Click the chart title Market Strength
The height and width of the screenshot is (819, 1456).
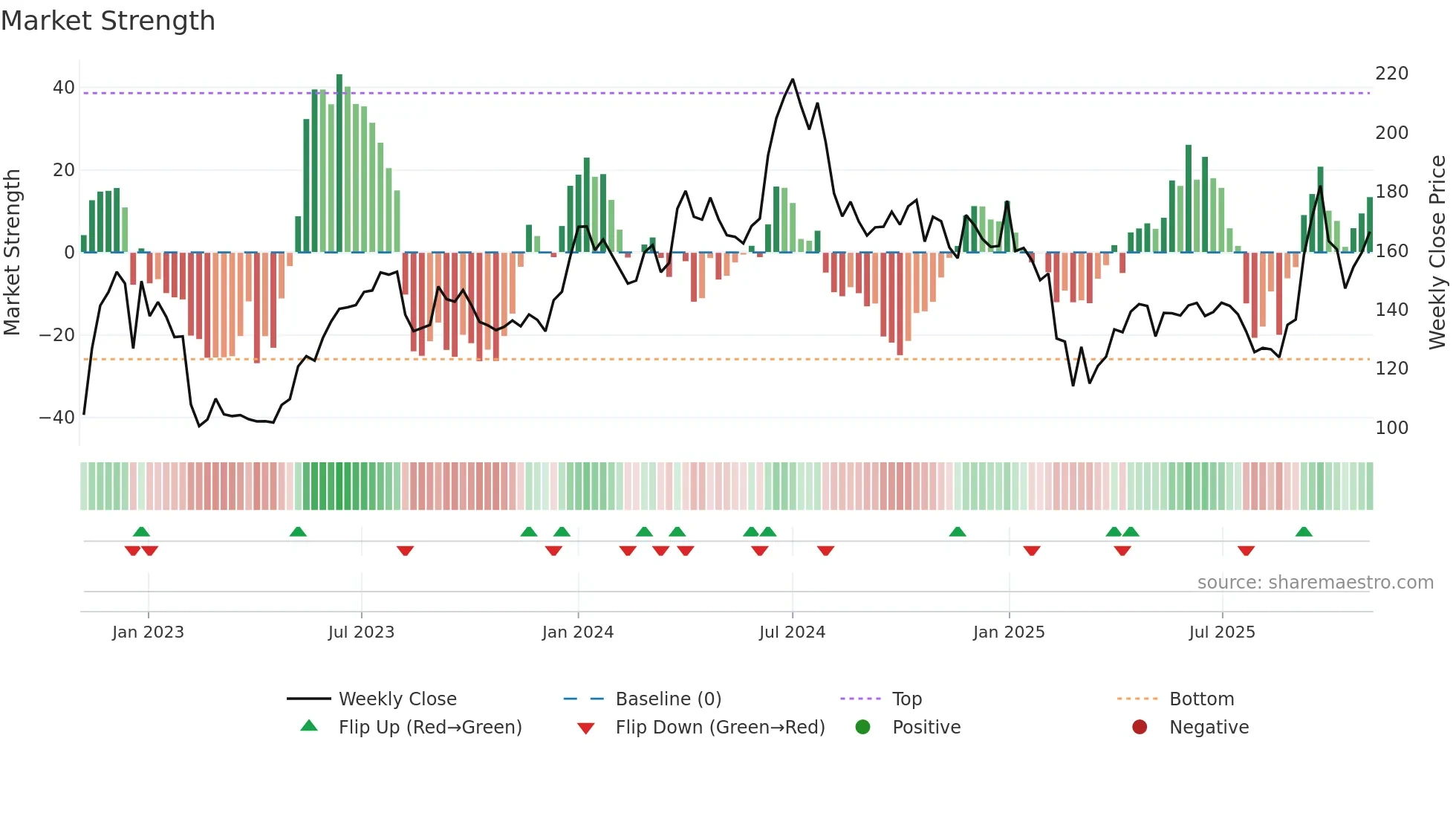pyautogui.click(x=108, y=21)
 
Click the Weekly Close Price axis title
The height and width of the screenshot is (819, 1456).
pyautogui.click(x=1437, y=252)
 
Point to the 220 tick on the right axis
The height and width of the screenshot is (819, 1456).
pyautogui.click(x=1391, y=74)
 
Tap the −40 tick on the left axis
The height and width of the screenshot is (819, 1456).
pyautogui.click(x=57, y=418)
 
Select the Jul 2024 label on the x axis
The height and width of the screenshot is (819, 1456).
pyautogui.click(x=792, y=632)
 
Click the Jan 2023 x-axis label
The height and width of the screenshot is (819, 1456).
pyautogui.click(x=148, y=632)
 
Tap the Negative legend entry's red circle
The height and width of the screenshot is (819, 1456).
pyautogui.click(x=1140, y=727)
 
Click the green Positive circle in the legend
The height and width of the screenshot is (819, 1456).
pyautogui.click(x=862, y=727)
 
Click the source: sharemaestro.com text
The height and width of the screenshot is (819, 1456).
pyautogui.click(x=1315, y=583)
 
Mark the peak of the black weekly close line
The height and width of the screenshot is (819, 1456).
pyautogui.click(x=793, y=80)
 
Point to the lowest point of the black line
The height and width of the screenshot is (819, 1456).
pyautogui.click(x=199, y=426)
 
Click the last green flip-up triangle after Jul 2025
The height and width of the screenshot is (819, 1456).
pyautogui.click(x=1304, y=531)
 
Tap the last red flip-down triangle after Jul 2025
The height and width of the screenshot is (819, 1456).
pyautogui.click(x=1246, y=551)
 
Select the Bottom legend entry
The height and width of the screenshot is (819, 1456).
pyautogui.click(x=1200, y=699)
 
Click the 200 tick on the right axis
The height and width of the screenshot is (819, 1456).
pyautogui.click(x=1391, y=133)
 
